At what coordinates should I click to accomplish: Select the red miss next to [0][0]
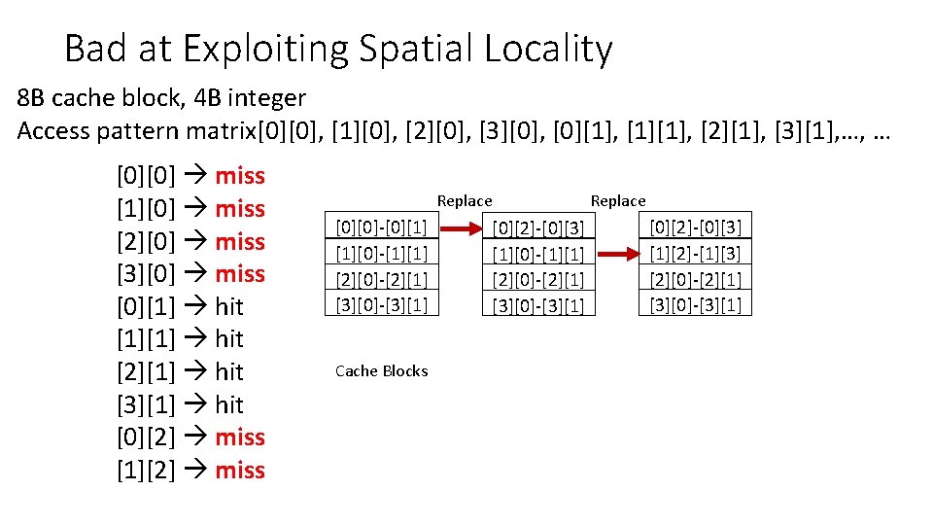[x=240, y=176]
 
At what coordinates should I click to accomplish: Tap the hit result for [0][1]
[x=229, y=306]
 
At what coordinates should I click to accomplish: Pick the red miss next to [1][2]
[x=240, y=470]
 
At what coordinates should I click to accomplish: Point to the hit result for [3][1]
[x=229, y=404]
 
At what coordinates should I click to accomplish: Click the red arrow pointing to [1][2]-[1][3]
[x=617, y=254]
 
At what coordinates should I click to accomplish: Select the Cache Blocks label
[x=381, y=371]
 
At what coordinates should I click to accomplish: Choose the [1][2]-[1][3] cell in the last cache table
[x=695, y=254]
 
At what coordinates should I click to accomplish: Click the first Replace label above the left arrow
[x=465, y=201]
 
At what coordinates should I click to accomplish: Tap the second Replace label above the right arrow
[x=618, y=201]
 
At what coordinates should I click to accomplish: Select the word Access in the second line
[x=50, y=131]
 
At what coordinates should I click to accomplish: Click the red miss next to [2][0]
[x=240, y=241]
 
